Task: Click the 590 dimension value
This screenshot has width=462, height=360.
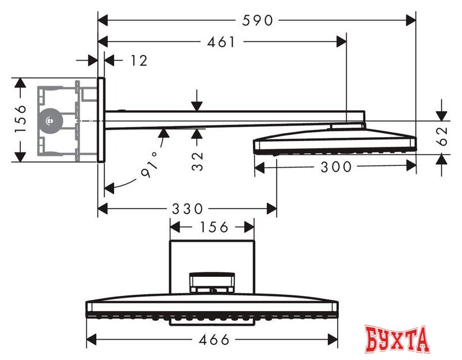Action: tap(257, 20)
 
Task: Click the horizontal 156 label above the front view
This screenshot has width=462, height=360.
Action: tap(212, 227)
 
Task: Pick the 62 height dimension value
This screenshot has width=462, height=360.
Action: tap(443, 137)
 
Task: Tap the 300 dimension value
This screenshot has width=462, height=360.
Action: tap(336, 166)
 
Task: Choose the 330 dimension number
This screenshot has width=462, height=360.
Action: tap(187, 209)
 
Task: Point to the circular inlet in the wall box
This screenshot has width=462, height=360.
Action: tap(51, 120)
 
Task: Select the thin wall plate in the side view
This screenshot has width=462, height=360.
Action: tap(101, 120)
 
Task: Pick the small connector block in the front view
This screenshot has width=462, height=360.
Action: tap(212, 284)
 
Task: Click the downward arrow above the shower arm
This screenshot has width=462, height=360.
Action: tap(197, 104)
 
